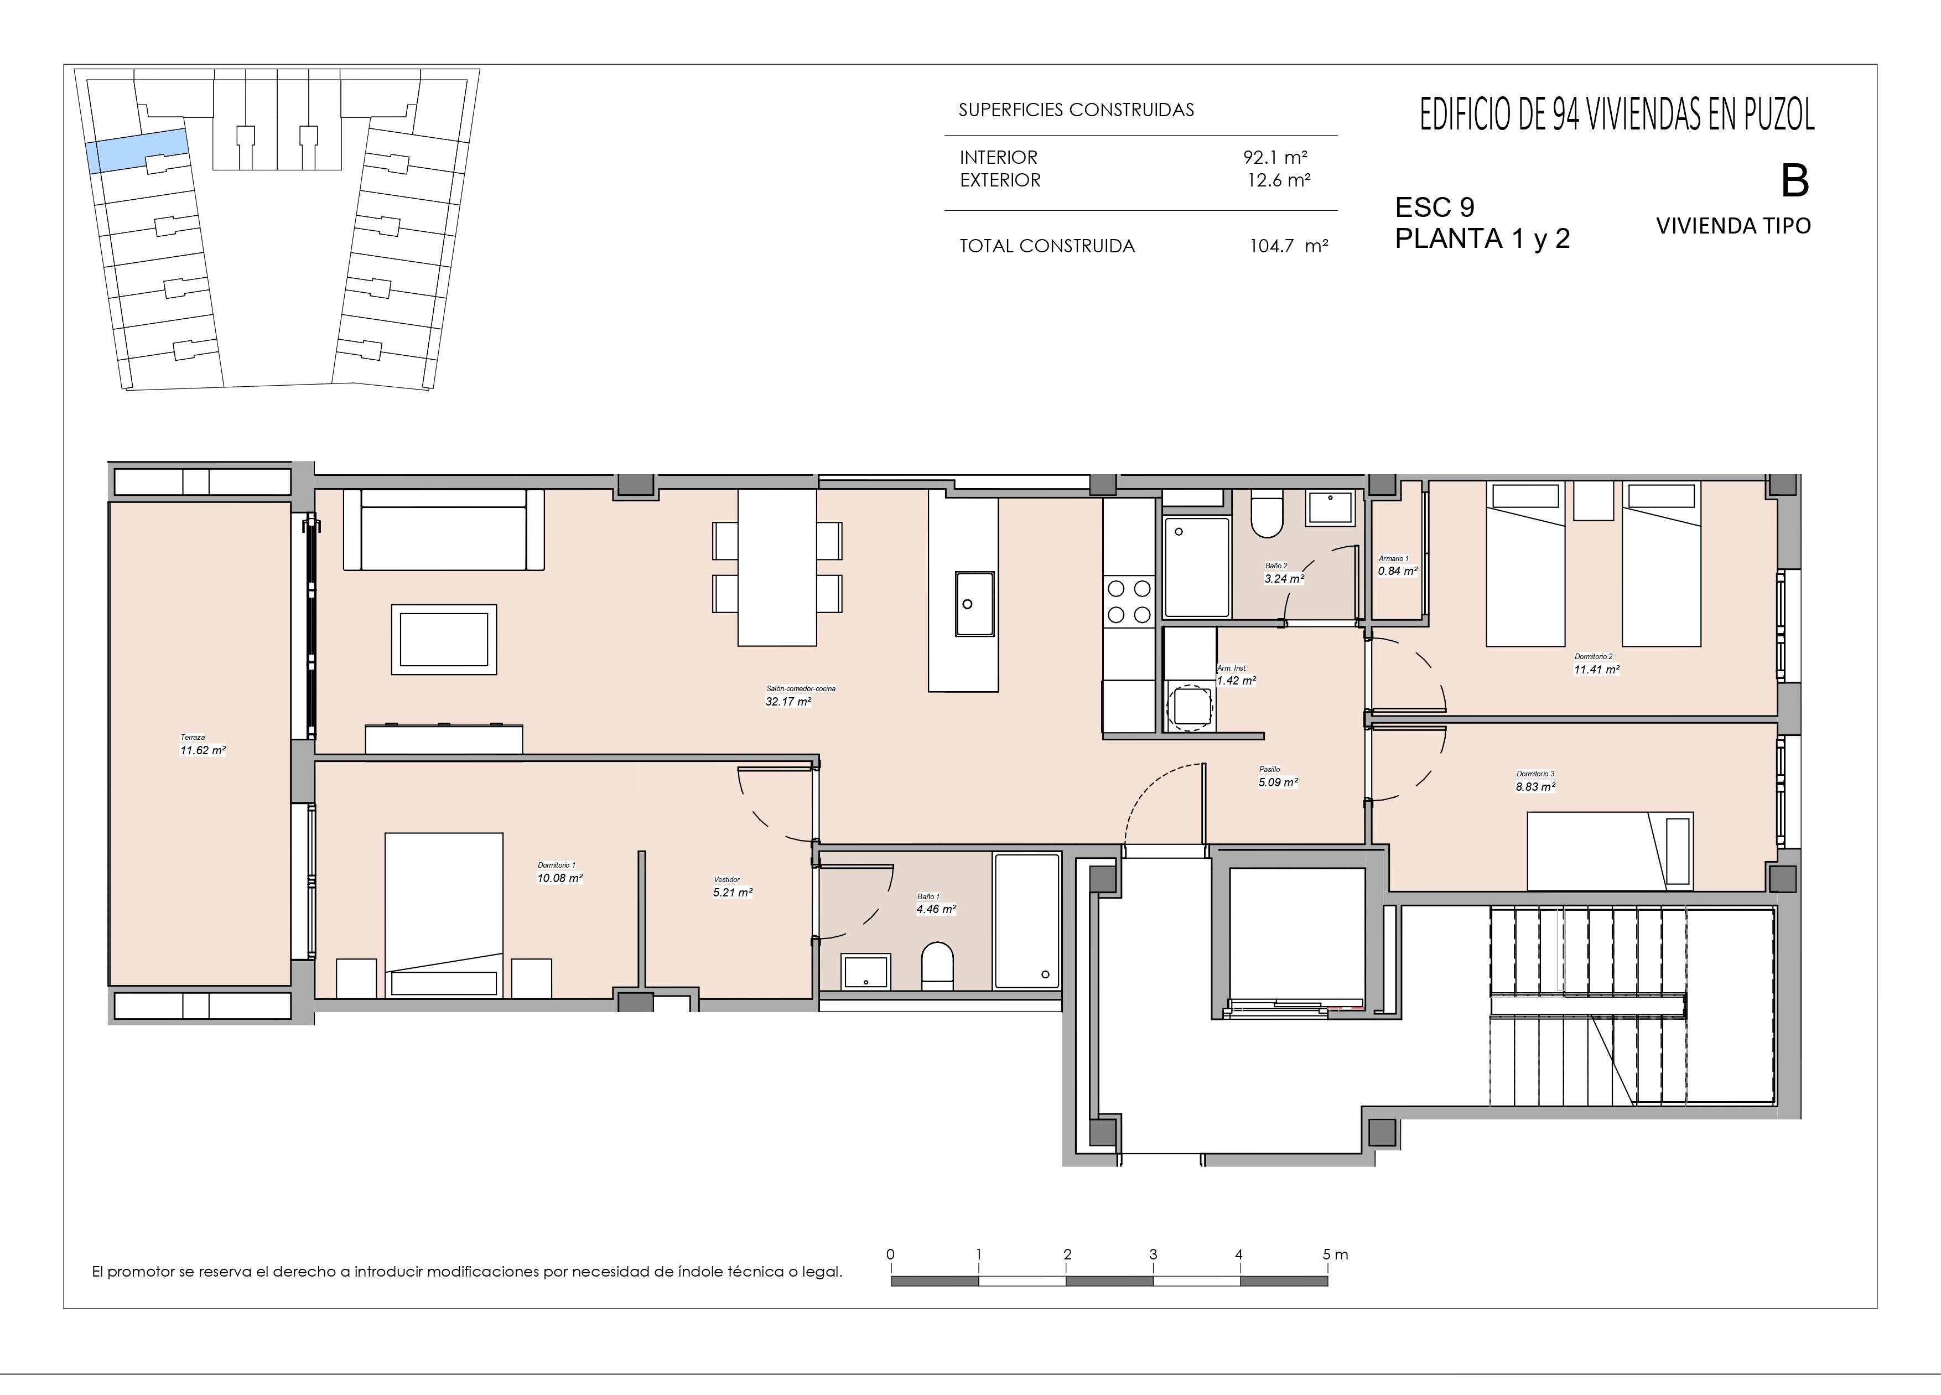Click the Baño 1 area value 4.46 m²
click(x=936, y=910)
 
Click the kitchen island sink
click(x=975, y=604)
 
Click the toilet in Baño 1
click(x=937, y=966)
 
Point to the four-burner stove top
click(x=1129, y=601)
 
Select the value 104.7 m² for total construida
click(x=1289, y=246)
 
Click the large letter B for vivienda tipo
click(x=1795, y=180)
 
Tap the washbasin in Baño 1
click(x=866, y=971)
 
